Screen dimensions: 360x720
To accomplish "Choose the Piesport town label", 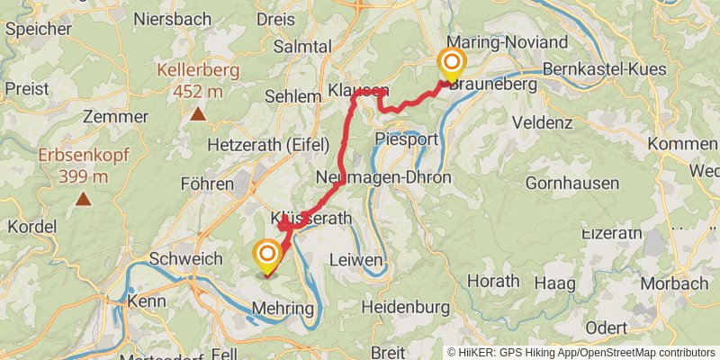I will click(x=405, y=139).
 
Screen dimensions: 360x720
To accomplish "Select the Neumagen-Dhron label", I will click(x=384, y=178).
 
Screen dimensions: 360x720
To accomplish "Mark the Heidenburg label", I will click(x=405, y=307).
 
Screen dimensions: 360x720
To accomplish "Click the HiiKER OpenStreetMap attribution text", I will click(x=580, y=352).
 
